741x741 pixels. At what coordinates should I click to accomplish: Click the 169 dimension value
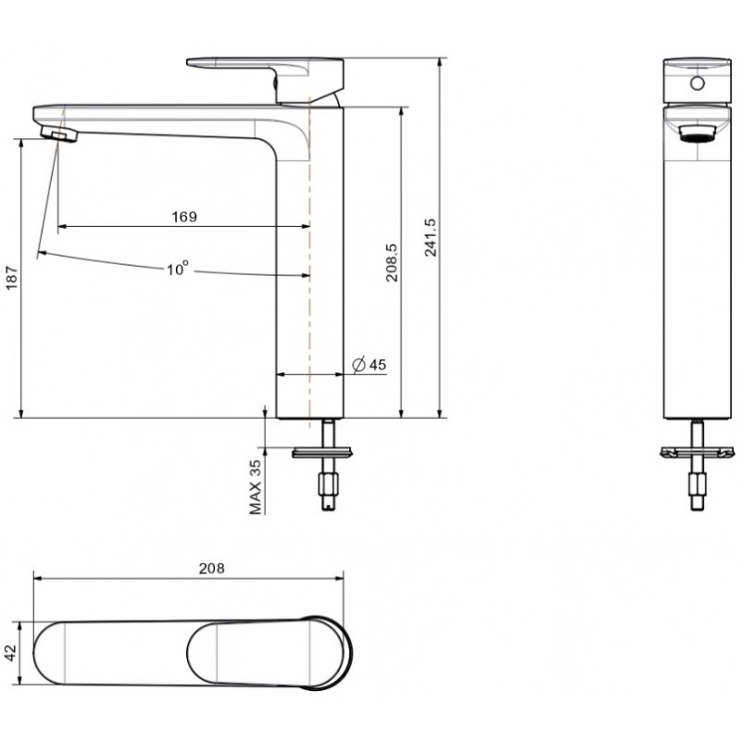184,217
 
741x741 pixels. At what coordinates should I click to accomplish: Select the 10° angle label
178,269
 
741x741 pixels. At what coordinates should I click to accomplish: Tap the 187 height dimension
11,278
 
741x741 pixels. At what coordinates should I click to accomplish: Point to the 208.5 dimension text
392,263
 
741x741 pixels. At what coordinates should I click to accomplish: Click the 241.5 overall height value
430,237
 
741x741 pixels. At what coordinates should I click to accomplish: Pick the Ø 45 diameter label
370,364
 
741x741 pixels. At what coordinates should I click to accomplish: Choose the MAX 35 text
255,487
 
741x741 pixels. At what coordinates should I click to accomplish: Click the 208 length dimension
211,569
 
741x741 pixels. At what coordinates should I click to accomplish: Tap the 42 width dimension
10,653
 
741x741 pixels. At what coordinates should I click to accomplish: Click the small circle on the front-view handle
697,83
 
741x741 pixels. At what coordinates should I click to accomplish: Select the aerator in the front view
697,133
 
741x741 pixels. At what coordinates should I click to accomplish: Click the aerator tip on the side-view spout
59,134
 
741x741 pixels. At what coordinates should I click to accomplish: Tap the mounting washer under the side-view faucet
322,453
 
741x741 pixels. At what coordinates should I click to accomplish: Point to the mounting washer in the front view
697,453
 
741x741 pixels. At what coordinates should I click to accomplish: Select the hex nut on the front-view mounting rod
697,484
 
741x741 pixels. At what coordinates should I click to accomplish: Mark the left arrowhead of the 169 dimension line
62,226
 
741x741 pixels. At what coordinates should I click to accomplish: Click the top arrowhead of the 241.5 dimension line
440,62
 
